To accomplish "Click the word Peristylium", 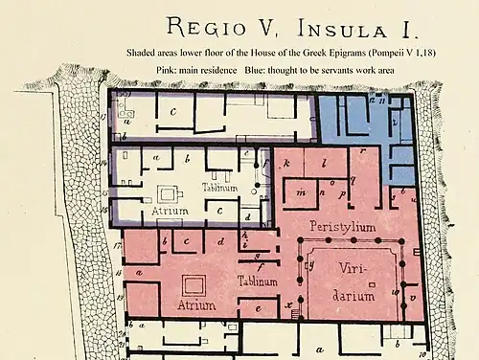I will [x=342, y=226].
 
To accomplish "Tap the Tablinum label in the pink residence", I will [x=257, y=281].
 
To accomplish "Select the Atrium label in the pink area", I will [x=196, y=305].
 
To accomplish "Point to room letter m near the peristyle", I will [x=301, y=191].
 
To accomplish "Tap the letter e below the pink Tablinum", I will [x=258, y=308].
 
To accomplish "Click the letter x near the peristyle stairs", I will [x=287, y=304].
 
